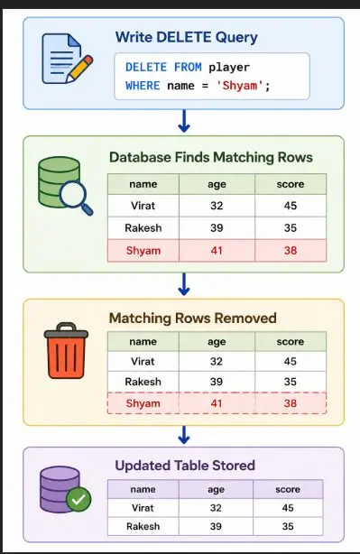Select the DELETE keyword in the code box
(x=146, y=67)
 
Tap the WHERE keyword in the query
(x=143, y=86)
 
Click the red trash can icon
(x=66, y=350)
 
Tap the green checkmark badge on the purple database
(x=78, y=499)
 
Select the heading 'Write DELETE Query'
(x=187, y=38)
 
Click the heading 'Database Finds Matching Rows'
(x=211, y=157)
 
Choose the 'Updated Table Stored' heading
(x=185, y=466)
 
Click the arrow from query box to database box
(x=184, y=121)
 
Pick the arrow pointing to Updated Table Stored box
(x=184, y=435)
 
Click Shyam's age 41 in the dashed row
(x=217, y=403)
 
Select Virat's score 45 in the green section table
(x=291, y=206)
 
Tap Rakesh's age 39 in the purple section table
(x=216, y=526)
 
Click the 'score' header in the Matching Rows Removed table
(x=291, y=342)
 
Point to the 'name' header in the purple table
(x=143, y=489)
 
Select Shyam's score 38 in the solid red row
(x=291, y=251)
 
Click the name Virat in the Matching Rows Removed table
(x=143, y=362)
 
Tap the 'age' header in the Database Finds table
(x=217, y=184)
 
